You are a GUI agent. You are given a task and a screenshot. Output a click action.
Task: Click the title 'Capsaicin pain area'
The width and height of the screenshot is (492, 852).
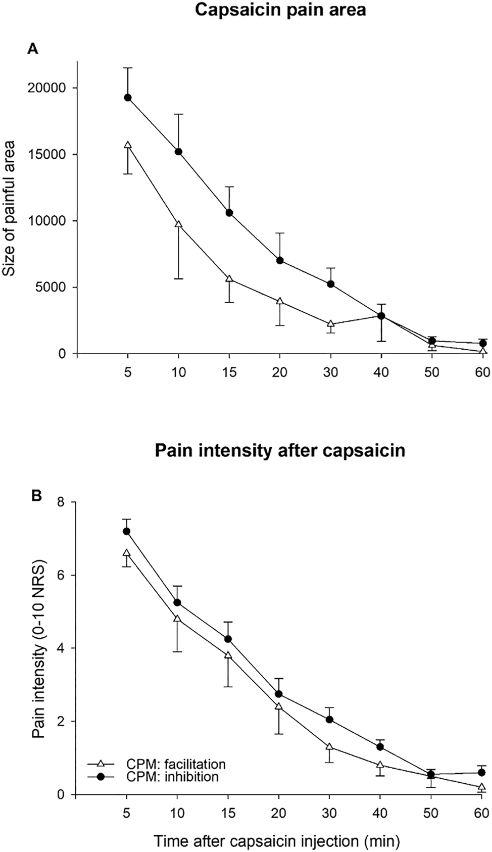280,10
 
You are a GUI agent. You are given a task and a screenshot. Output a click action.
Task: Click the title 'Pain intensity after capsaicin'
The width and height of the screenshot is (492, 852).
280,450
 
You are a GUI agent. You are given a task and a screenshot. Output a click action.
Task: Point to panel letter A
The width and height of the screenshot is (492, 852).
33,49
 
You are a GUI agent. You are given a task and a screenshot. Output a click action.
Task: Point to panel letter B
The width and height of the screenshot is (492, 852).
36,496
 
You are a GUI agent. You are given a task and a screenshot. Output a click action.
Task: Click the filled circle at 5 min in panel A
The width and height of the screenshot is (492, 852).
128,98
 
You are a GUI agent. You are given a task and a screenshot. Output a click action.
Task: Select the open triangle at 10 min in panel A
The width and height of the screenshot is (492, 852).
178,225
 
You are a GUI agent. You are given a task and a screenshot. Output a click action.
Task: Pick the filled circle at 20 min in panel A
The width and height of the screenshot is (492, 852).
279,261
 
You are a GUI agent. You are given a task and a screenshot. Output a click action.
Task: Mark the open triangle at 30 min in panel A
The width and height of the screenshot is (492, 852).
330,324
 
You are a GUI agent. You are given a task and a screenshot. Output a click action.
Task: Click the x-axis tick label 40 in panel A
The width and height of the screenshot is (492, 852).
381,372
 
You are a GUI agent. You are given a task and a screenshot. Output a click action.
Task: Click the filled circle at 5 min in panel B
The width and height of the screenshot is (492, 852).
127,531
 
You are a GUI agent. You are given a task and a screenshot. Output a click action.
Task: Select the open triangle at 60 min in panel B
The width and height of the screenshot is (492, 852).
481,787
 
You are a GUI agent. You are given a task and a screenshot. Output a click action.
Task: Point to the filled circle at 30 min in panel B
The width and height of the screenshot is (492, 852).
330,720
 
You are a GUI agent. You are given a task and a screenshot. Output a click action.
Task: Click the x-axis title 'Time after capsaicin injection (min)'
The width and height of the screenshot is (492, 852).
277,841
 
